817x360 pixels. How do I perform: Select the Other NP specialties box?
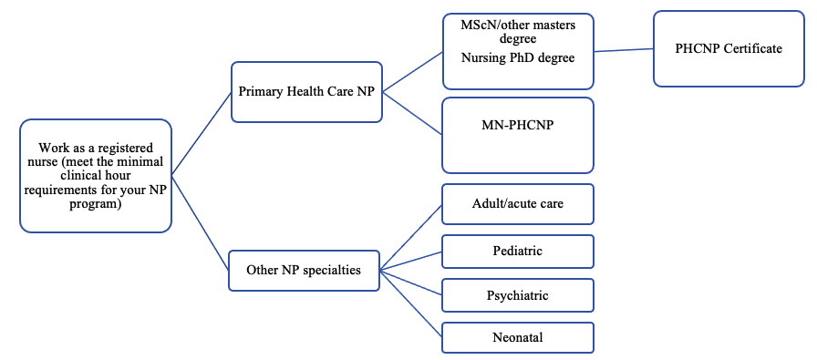(x=304, y=270)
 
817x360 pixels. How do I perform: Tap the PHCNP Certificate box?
(x=728, y=49)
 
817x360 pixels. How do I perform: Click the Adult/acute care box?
(x=517, y=203)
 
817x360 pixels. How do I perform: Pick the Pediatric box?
(x=517, y=250)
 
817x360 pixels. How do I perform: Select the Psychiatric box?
(x=517, y=295)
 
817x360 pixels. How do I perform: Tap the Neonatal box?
(x=517, y=337)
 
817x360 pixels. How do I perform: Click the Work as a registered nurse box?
(x=96, y=175)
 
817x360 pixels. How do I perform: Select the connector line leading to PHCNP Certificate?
(x=624, y=50)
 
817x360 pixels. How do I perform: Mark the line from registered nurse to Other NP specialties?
(x=201, y=221)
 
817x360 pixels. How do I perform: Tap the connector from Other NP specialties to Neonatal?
(x=410, y=303)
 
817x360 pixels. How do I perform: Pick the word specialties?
(x=332, y=270)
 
